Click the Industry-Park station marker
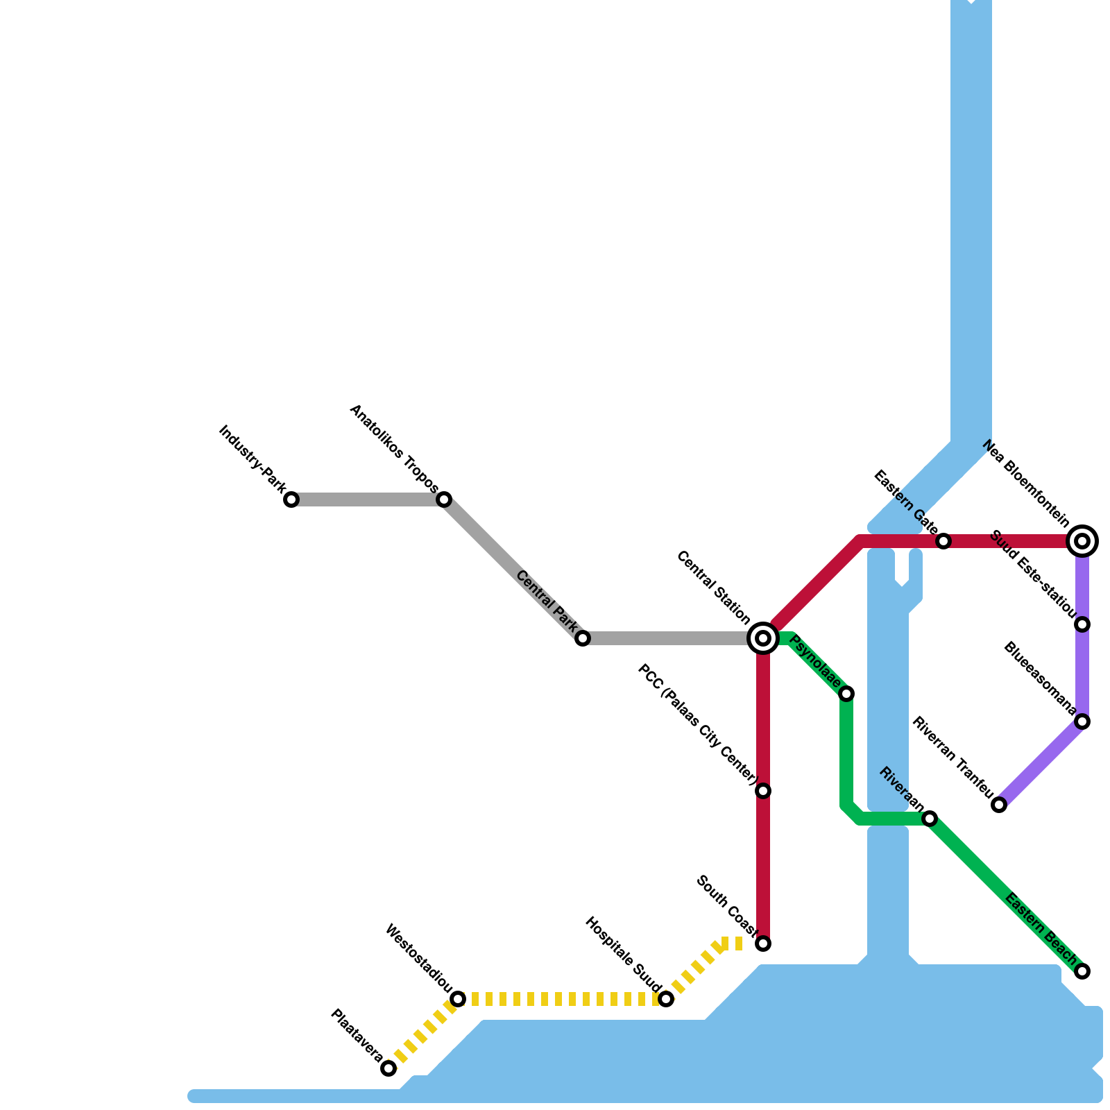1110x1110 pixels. [291, 499]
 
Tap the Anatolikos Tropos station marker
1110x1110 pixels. [444, 499]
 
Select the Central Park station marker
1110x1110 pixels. [583, 638]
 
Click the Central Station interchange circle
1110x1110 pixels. [763, 638]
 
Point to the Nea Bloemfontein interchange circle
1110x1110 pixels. [1082, 540]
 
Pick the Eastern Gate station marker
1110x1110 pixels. [943, 541]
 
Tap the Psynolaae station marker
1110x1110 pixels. [846, 694]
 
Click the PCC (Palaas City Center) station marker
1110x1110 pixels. [763, 791]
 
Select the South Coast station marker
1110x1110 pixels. [763, 943]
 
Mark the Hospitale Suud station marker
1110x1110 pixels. [666, 999]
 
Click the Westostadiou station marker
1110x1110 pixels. [458, 999]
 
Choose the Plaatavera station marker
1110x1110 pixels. [388, 1068]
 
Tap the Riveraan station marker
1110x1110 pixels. [930, 819]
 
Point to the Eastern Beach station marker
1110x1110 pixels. [1082, 971]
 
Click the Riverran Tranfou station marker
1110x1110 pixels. [999, 805]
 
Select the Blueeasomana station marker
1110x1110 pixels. [1082, 721]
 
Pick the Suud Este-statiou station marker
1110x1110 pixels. [1082, 624]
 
